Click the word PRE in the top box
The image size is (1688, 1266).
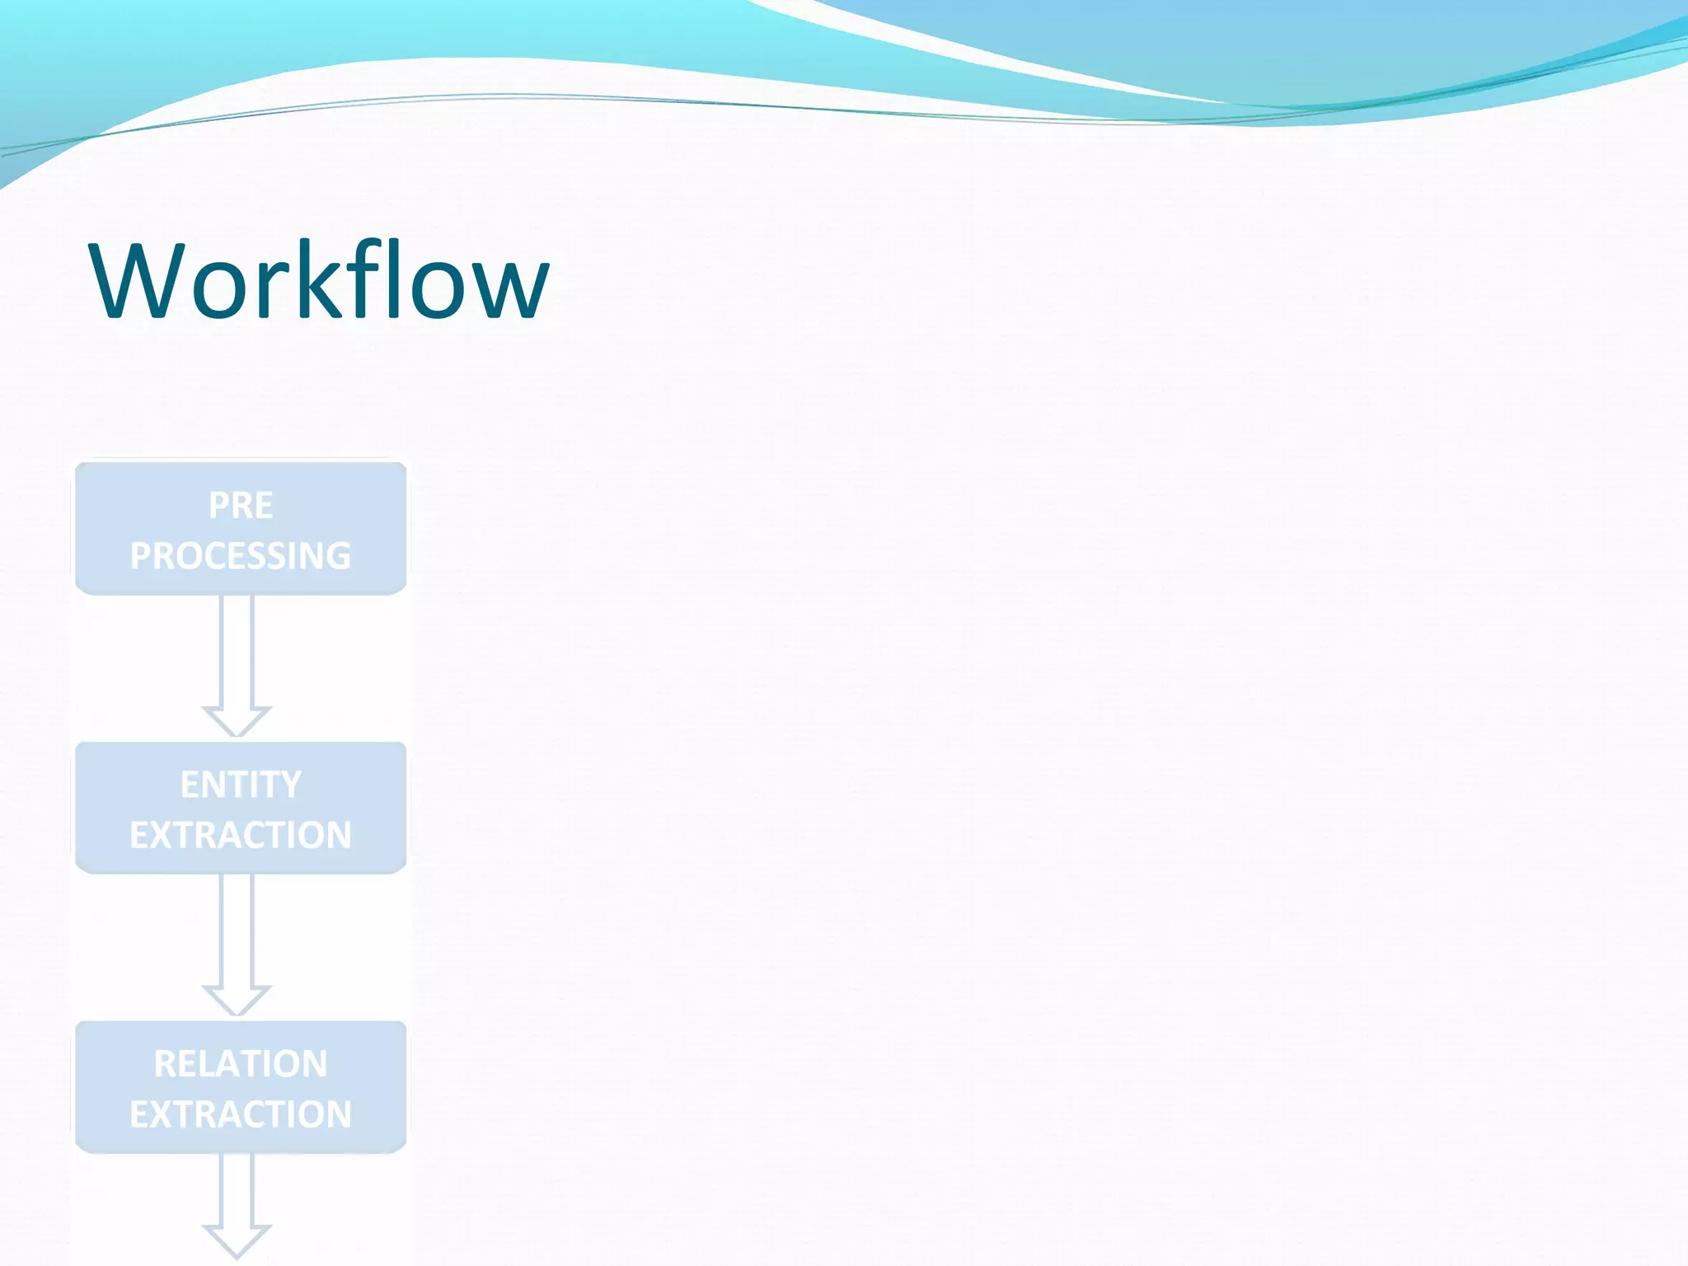pyautogui.click(x=241, y=505)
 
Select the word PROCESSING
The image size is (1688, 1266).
pyautogui.click(x=241, y=556)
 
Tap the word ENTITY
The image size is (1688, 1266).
pyautogui.click(x=241, y=784)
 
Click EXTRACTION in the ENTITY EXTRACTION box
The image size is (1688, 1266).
pyautogui.click(x=241, y=835)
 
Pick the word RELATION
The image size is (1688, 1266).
pyautogui.click(x=241, y=1063)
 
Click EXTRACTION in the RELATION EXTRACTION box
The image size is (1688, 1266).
pyautogui.click(x=241, y=1114)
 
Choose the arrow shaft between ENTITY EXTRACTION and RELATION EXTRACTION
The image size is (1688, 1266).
pyautogui.click(x=237, y=929)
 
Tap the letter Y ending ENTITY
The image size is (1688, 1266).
pyautogui.click(x=291, y=784)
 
